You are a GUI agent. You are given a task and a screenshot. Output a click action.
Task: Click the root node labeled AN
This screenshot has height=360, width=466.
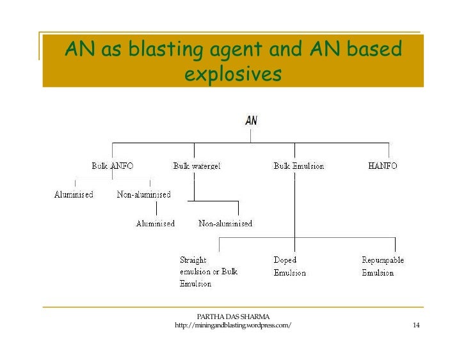point(251,120)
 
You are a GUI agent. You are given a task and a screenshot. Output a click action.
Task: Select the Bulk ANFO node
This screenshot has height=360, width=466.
point(112,166)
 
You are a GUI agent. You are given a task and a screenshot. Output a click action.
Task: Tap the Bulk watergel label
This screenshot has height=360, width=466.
point(197,166)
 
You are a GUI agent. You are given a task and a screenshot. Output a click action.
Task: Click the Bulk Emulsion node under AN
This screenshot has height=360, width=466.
point(298,166)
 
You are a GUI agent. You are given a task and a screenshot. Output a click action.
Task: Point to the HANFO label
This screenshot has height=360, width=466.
point(382,166)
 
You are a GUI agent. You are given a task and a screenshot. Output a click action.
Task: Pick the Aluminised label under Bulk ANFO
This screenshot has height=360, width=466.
point(74,194)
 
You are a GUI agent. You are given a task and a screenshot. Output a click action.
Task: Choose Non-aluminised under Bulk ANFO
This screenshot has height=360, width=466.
point(143,194)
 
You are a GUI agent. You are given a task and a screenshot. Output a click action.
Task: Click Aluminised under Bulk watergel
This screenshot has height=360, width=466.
point(156,223)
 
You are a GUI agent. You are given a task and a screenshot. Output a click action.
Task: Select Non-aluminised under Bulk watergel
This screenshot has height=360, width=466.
point(225,223)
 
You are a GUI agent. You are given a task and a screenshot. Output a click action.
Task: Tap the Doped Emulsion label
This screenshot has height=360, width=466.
point(289,266)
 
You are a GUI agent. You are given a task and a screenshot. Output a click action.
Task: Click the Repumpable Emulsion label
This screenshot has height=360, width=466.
point(383,266)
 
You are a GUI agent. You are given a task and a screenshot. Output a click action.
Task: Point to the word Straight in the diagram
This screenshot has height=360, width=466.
point(193,260)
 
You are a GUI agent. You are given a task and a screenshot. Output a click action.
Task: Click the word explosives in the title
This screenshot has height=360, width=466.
point(232,75)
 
